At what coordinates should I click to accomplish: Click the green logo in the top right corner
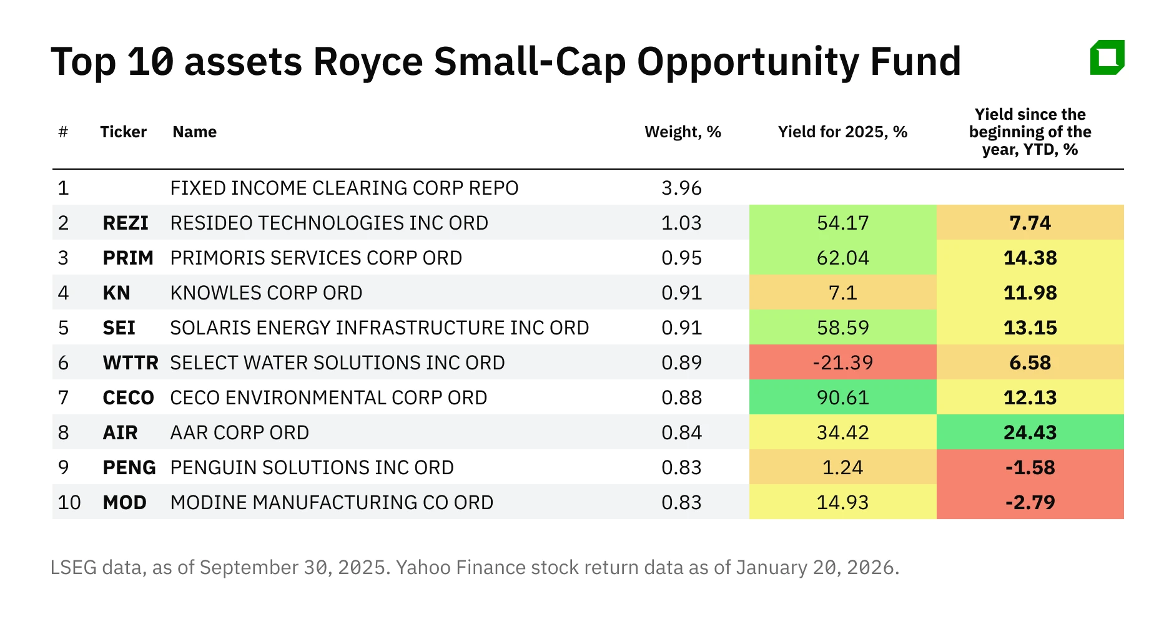point(1107,58)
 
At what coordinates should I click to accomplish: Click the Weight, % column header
point(683,132)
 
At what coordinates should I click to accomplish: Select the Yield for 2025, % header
point(842,132)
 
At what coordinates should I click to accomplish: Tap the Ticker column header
point(123,132)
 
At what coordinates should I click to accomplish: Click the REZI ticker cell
point(126,223)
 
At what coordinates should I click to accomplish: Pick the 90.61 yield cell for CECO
point(842,397)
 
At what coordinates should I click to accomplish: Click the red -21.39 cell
point(842,363)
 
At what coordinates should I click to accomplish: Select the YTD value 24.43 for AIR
point(1030,432)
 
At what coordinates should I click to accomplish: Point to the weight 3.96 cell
point(681,188)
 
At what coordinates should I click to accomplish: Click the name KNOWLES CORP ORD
point(266,293)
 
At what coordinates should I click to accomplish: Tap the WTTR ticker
point(130,363)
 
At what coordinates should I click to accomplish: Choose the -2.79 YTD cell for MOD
point(1030,502)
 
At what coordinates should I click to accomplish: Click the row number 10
point(69,502)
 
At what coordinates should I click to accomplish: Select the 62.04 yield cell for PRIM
point(842,258)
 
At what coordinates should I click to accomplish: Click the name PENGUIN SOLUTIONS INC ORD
point(312,467)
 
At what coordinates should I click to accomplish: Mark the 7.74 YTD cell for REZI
point(1030,223)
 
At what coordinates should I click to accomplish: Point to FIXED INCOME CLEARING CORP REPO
point(344,188)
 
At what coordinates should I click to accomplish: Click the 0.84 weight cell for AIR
point(681,432)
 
